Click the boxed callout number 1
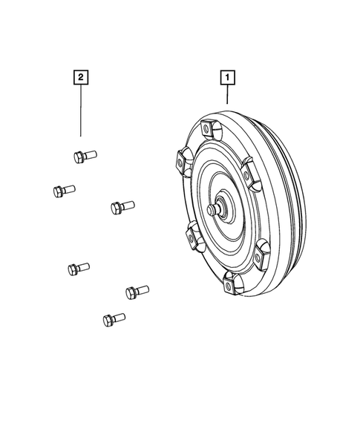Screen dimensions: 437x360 [227, 76]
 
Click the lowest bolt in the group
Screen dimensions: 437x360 [114, 319]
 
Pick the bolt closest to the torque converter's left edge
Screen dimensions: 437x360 [122, 206]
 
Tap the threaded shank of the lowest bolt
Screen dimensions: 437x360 [119, 318]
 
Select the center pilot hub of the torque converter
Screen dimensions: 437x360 [217, 209]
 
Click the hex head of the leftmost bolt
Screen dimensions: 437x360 [59, 191]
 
